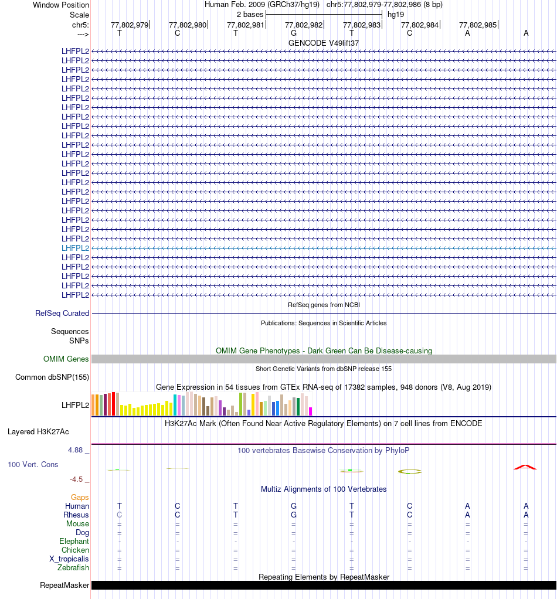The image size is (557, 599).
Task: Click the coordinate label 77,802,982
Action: [304, 25]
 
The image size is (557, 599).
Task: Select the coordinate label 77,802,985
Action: [478, 25]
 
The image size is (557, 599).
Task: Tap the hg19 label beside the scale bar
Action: [396, 14]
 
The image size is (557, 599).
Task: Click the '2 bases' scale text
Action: [250, 14]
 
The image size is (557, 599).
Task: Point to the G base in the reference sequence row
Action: [294, 33]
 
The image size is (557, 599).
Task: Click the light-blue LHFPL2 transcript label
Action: [75, 248]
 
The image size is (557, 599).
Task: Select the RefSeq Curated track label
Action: [62, 314]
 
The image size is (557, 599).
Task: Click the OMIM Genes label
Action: [66, 359]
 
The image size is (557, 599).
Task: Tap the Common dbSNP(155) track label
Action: [52, 377]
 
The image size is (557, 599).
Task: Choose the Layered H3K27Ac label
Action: [38, 432]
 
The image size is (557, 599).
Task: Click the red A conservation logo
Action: [525, 467]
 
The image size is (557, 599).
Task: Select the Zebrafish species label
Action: [73, 567]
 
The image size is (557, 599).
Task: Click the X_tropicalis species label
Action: [69, 559]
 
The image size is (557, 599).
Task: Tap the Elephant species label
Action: [74, 541]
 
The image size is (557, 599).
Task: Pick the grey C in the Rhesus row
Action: [120, 515]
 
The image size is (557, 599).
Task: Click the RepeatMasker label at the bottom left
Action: [64, 585]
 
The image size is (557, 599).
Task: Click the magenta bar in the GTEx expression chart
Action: [311, 411]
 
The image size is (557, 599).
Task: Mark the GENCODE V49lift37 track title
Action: [324, 43]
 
